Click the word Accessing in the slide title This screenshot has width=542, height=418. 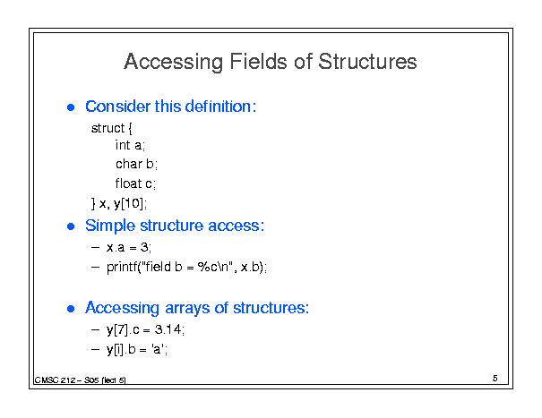(x=174, y=62)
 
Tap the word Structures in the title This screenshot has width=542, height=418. (x=367, y=62)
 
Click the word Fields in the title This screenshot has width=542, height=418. (x=258, y=62)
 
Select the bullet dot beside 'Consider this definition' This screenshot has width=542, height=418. (x=71, y=107)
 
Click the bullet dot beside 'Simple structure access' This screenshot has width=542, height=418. (x=71, y=226)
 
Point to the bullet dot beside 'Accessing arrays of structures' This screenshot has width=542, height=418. (x=71, y=309)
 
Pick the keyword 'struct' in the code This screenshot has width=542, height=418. (x=108, y=128)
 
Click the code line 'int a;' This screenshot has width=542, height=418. (x=130, y=145)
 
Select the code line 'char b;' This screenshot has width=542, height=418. (x=136, y=164)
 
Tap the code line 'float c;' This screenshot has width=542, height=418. (x=135, y=183)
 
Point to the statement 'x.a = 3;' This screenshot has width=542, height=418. (x=129, y=247)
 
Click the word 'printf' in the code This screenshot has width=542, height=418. (x=122, y=267)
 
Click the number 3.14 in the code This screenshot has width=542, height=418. (x=168, y=329)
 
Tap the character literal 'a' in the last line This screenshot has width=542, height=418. (x=158, y=349)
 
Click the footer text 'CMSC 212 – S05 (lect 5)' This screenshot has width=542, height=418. (x=81, y=380)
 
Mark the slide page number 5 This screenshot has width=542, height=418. (x=495, y=379)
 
